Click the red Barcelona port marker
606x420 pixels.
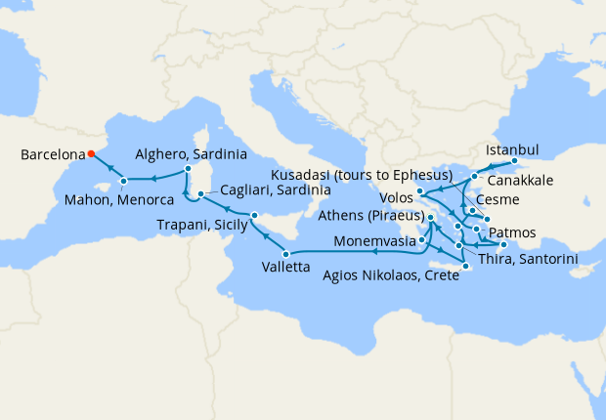[x=90, y=153]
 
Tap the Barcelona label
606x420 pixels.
[x=51, y=153]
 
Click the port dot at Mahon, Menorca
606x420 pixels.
[x=124, y=182]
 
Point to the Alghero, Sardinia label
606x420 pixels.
[x=191, y=154]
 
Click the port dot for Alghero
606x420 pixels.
[x=187, y=170]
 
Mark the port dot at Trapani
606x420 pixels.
[x=253, y=215]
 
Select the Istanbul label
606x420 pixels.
[x=512, y=149]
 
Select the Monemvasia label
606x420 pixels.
[x=375, y=239]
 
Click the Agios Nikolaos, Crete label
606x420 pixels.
[x=389, y=275]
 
